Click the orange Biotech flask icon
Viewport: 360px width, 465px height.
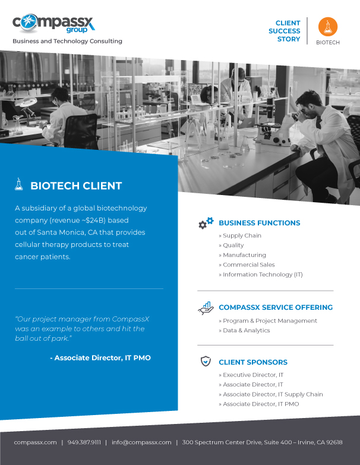click(328, 27)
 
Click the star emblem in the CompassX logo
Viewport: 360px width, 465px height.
click(29, 21)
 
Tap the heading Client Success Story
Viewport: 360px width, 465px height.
click(284, 31)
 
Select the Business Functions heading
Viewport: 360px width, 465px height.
click(259, 223)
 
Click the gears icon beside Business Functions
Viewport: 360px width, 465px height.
click(206, 223)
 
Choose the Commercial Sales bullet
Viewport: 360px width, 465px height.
click(247, 265)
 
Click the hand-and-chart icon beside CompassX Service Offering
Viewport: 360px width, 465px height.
click(206, 308)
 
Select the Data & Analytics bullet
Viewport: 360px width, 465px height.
click(244, 331)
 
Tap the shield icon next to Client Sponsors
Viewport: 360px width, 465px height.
click(206, 361)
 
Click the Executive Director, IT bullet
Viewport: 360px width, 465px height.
click(251, 375)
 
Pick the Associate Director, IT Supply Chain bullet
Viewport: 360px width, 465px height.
click(271, 394)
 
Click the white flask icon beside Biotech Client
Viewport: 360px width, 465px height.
click(18, 184)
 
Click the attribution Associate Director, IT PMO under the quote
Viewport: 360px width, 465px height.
click(100, 357)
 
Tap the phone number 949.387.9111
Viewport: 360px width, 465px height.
click(84, 442)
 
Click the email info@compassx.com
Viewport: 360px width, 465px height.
click(141, 442)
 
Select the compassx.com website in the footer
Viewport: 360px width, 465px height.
click(35, 442)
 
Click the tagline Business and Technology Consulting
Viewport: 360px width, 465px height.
click(67, 41)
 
